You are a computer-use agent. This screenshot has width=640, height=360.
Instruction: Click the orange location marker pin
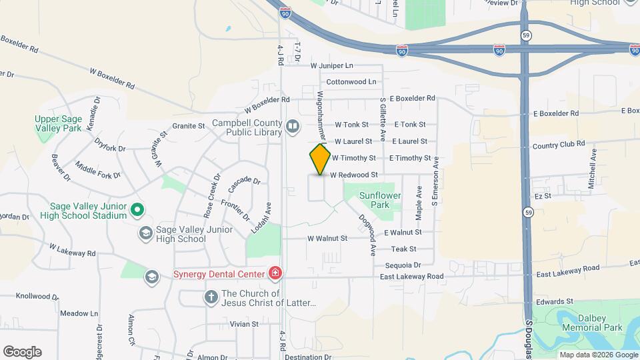point(321,159)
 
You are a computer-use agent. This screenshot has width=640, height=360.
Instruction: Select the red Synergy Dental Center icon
point(274,273)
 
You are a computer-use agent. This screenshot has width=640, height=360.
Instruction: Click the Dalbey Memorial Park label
point(593,323)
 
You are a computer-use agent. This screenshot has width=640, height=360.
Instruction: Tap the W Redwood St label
point(354,175)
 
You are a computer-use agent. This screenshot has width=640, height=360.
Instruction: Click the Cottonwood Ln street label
point(351,82)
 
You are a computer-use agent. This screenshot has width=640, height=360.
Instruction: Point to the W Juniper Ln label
point(331,66)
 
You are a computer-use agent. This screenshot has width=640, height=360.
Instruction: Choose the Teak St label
point(403,249)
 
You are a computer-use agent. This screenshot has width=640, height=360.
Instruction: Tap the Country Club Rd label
point(559,143)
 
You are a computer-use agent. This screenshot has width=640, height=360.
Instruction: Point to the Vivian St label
point(244,324)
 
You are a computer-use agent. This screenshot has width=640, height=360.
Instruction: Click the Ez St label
point(543,196)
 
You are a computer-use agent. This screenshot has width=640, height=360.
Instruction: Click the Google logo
point(22,352)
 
